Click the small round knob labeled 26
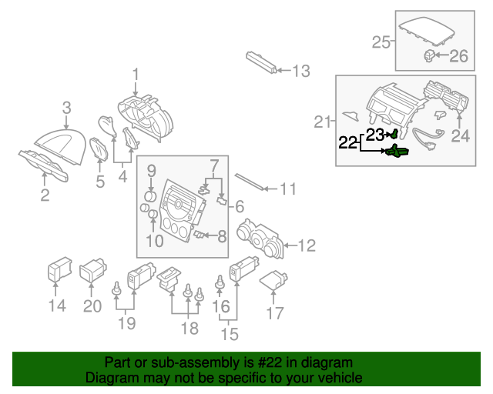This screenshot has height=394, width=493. tap(428, 55)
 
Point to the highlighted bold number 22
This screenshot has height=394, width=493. tap(349, 142)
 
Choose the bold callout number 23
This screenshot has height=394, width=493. tap(374, 135)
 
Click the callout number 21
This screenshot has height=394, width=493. tap(324, 121)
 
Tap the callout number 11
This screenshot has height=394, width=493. tap(287, 189)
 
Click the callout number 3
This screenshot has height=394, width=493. tap(67, 108)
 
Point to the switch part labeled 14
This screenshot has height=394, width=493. tap(57, 271)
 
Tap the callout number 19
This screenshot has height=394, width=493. tap(126, 324)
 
